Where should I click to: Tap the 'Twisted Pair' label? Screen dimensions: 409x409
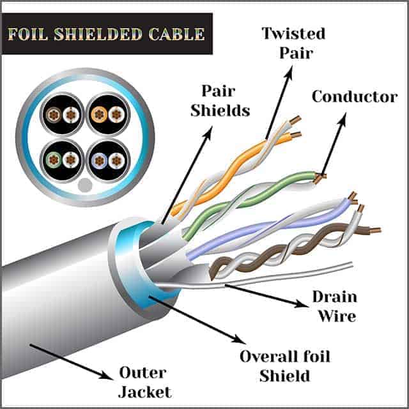point(293,42)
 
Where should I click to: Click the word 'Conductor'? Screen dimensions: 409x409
point(354,97)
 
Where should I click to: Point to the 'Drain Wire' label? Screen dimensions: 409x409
point(334,306)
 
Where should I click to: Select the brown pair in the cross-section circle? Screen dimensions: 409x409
point(63,114)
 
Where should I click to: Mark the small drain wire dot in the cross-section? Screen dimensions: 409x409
point(84,186)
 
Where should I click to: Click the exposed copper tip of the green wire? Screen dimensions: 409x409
point(320,175)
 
